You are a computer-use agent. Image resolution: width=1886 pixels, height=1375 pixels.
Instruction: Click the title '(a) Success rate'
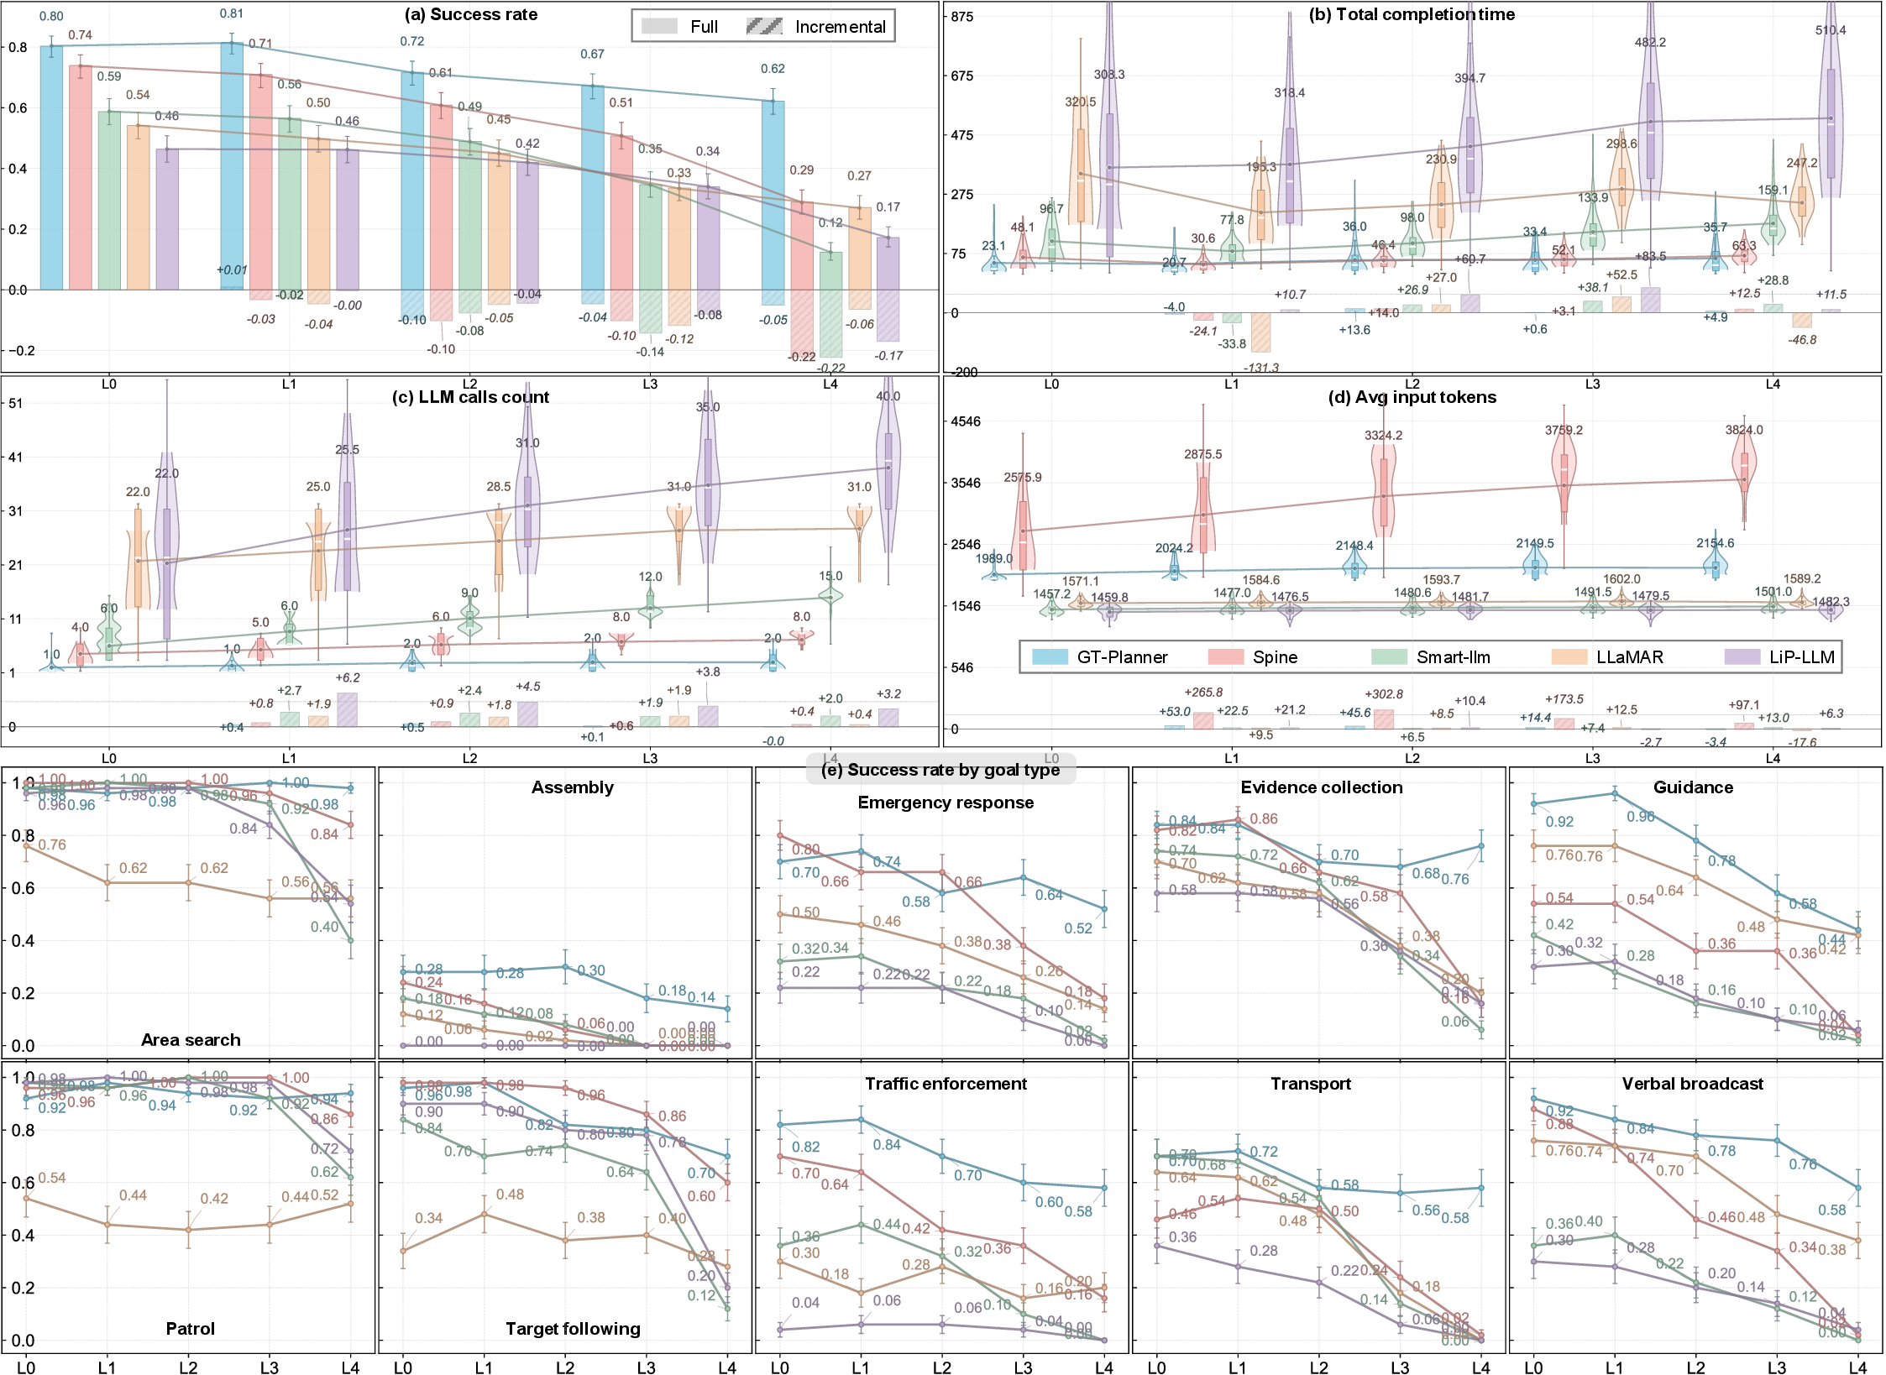click(x=470, y=14)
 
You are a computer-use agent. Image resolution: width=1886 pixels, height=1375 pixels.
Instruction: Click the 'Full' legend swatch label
click(x=703, y=27)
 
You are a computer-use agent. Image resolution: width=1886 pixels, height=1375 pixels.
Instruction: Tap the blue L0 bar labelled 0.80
click(x=51, y=168)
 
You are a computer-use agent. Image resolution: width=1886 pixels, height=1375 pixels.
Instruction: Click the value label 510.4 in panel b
click(x=1830, y=30)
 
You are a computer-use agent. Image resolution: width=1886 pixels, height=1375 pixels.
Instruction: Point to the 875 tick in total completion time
click(x=961, y=17)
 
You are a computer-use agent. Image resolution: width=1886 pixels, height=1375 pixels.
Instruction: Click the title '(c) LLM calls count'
click(x=470, y=397)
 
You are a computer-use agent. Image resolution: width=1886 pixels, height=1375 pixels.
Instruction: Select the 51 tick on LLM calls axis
click(x=15, y=403)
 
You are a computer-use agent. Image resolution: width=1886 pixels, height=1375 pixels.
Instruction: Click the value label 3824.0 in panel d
click(x=1743, y=430)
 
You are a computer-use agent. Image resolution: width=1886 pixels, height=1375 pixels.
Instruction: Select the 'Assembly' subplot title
click(x=572, y=787)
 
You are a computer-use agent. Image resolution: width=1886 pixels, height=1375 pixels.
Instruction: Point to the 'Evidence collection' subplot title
click(x=1321, y=787)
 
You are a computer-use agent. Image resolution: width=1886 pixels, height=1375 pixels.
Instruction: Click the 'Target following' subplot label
click(x=572, y=1329)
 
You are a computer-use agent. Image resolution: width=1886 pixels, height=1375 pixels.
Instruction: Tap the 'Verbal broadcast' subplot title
click(x=1692, y=1084)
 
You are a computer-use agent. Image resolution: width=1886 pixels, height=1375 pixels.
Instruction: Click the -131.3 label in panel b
click(x=1260, y=368)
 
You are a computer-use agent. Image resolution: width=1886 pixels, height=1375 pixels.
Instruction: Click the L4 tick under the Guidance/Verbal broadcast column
click(x=1857, y=1367)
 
